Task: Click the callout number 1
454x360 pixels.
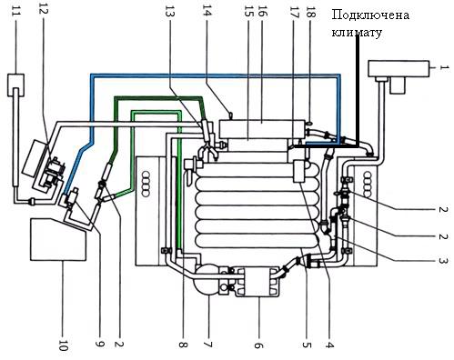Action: point(444,67)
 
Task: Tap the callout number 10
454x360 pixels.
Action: point(63,343)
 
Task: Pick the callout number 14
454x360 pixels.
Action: point(207,14)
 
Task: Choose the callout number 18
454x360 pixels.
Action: point(311,14)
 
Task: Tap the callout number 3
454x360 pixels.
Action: point(443,261)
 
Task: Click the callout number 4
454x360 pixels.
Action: point(329,345)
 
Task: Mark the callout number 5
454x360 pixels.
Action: point(307,345)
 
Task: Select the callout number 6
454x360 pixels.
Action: point(258,345)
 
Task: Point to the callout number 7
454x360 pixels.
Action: point(208,345)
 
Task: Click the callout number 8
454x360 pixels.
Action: point(184,345)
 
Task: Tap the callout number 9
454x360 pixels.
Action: point(99,344)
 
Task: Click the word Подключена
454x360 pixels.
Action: point(370,15)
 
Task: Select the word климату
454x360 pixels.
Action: point(357,32)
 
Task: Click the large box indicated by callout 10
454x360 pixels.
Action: point(58,240)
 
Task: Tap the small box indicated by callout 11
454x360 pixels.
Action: point(15,85)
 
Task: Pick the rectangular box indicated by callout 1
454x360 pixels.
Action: point(399,69)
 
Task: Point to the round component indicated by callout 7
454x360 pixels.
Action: point(207,279)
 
